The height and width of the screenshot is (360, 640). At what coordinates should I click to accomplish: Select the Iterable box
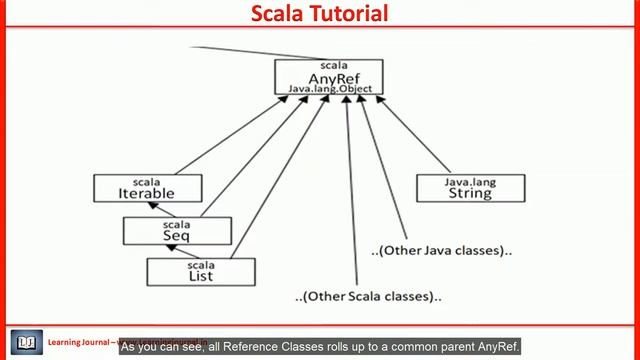click(x=147, y=188)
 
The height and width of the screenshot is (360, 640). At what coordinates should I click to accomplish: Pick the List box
click(x=201, y=270)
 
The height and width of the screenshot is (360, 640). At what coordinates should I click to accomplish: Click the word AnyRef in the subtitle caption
click(x=499, y=347)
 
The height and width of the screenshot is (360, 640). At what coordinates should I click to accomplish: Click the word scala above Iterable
click(x=147, y=181)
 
